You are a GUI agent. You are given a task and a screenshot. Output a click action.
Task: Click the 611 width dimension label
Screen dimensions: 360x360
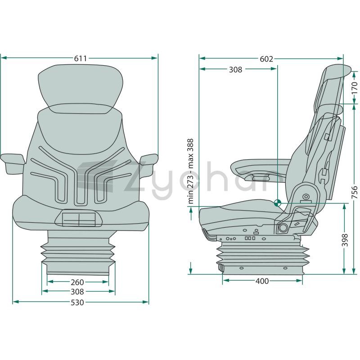click(x=81, y=58)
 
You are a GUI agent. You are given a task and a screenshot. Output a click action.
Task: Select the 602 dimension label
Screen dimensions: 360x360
click(x=266, y=59)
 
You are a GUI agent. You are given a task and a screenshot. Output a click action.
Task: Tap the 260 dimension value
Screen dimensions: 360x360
click(x=77, y=282)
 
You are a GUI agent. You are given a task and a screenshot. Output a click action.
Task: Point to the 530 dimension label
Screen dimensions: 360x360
click(x=77, y=302)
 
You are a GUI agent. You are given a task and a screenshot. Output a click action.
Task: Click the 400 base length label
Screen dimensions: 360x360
click(x=262, y=281)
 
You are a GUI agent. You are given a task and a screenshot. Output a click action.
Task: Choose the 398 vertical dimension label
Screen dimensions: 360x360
click(x=345, y=240)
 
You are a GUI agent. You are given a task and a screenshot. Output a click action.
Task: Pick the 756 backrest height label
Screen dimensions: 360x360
click(x=355, y=193)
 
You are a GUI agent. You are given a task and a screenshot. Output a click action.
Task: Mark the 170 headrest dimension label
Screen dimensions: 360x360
click(x=355, y=88)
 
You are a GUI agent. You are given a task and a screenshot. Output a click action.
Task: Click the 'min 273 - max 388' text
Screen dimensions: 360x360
click(x=191, y=171)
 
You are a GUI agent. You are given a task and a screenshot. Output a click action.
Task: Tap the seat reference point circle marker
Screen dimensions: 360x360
click(x=277, y=203)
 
